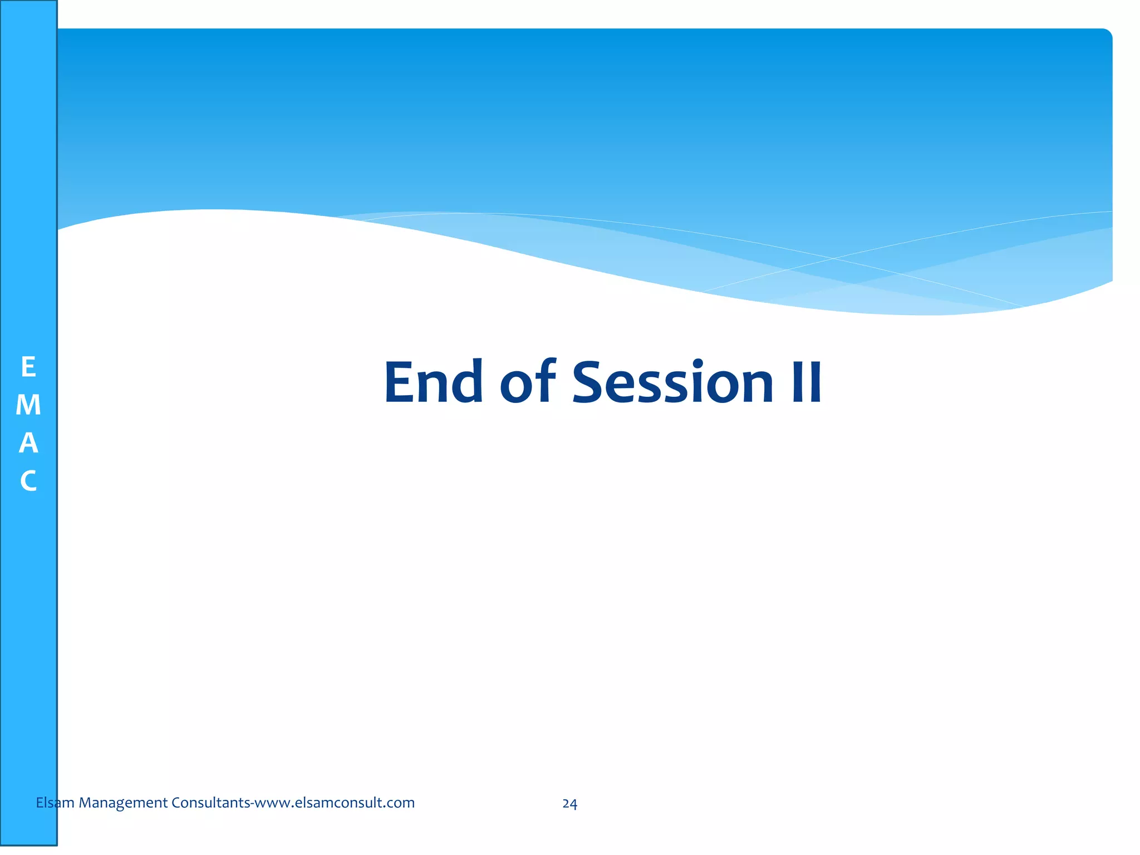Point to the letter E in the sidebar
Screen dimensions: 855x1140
tap(28, 367)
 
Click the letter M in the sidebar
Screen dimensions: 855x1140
tap(28, 405)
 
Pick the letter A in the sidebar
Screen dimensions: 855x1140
tap(28, 443)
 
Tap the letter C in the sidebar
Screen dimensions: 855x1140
tap(28, 481)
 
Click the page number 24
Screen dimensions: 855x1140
tap(569, 804)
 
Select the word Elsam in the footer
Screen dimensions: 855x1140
tap(55, 803)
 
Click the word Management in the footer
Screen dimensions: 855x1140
tap(123, 803)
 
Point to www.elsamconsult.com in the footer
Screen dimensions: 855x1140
tap(335, 803)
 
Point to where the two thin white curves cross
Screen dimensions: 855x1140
tap(833, 258)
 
